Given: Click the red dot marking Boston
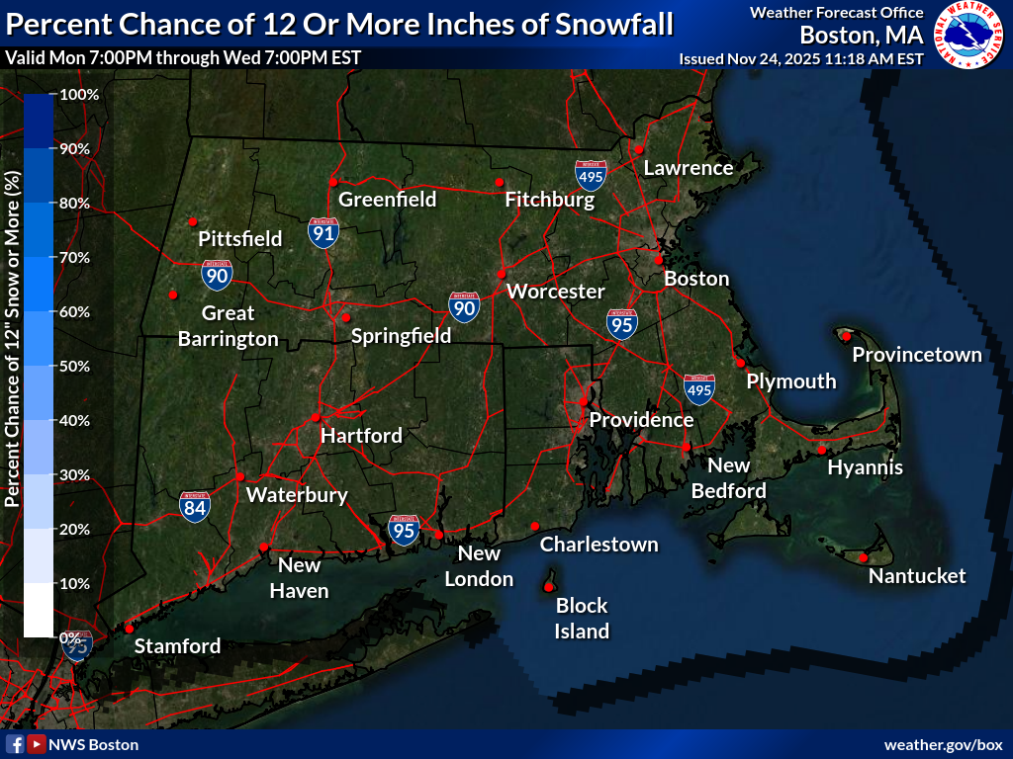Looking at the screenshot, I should (658, 260).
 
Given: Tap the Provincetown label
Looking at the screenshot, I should (917, 355).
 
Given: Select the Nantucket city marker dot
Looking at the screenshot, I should (863, 558).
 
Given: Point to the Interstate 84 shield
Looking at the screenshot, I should (195, 507).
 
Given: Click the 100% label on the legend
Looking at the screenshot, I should (79, 95).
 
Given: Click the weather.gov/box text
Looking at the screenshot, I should (943, 744).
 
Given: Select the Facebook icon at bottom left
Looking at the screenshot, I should (16, 744).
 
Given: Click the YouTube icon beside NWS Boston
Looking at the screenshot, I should (37, 744).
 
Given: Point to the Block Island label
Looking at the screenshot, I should (582, 618).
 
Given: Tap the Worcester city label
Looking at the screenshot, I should (555, 292).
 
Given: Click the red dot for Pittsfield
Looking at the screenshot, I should (194, 221).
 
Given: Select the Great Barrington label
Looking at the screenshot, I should (229, 326).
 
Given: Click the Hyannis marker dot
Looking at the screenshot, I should (821, 451).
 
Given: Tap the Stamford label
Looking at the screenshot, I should (177, 646).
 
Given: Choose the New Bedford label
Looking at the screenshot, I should (729, 477).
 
